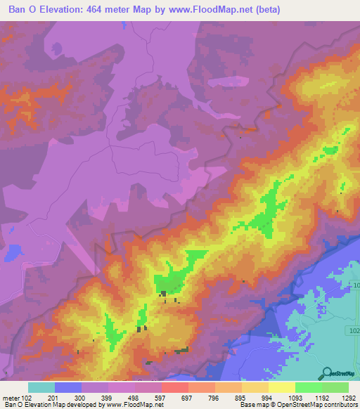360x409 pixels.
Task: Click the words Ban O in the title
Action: pyautogui.click(x=22, y=9)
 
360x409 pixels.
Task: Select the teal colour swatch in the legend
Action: pyautogui.click(x=41, y=387)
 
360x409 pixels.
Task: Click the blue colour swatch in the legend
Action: pyautogui.click(x=68, y=387)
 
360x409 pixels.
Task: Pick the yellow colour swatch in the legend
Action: pyautogui.click(x=281, y=387)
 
